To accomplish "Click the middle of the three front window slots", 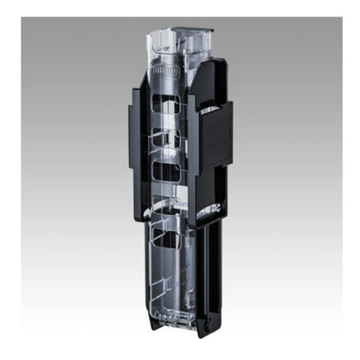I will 166,138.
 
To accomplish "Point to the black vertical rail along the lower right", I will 212,268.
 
